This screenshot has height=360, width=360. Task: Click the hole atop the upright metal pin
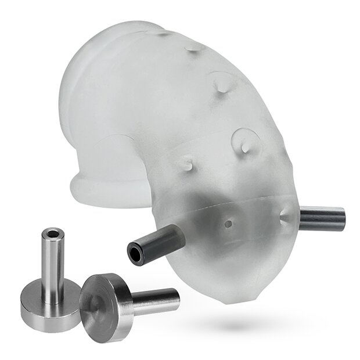53,233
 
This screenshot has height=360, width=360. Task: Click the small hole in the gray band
228,222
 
